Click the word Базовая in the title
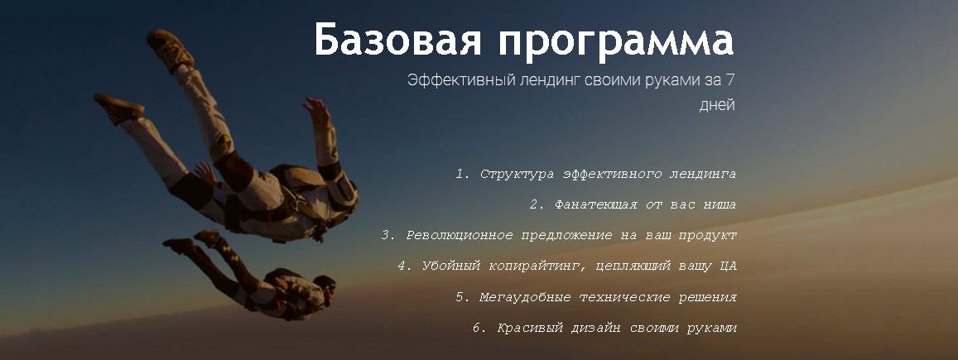pyautogui.click(x=397, y=41)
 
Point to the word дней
pyautogui.click(x=717, y=104)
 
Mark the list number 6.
pyautogui.click(x=478, y=328)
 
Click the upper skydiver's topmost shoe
pyautogui.click(x=170, y=49)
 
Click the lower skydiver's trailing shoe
pyautogui.click(x=178, y=246)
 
